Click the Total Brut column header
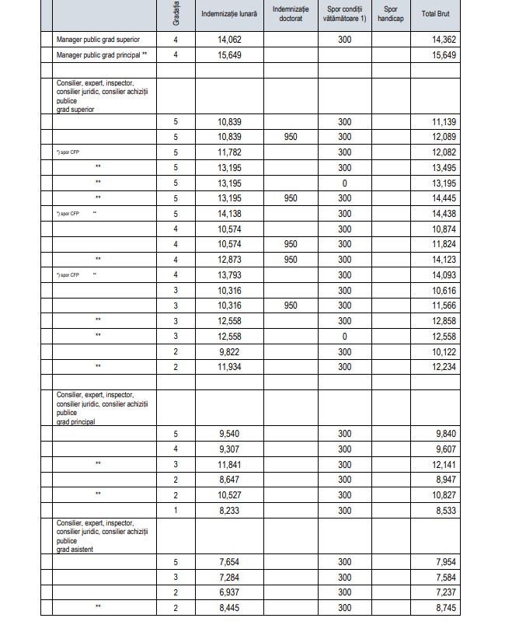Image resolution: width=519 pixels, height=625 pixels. pyautogui.click(x=451, y=14)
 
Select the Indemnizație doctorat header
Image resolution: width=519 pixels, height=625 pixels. pyautogui.click(x=291, y=14)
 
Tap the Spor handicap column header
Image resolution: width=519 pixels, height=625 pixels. pyautogui.click(x=392, y=14)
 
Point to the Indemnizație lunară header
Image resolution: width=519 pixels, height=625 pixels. pyautogui.click(x=228, y=14)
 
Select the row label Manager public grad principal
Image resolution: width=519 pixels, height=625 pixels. pyautogui.click(x=102, y=55)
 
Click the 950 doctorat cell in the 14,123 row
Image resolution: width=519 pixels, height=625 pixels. pyautogui.click(x=291, y=260)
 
